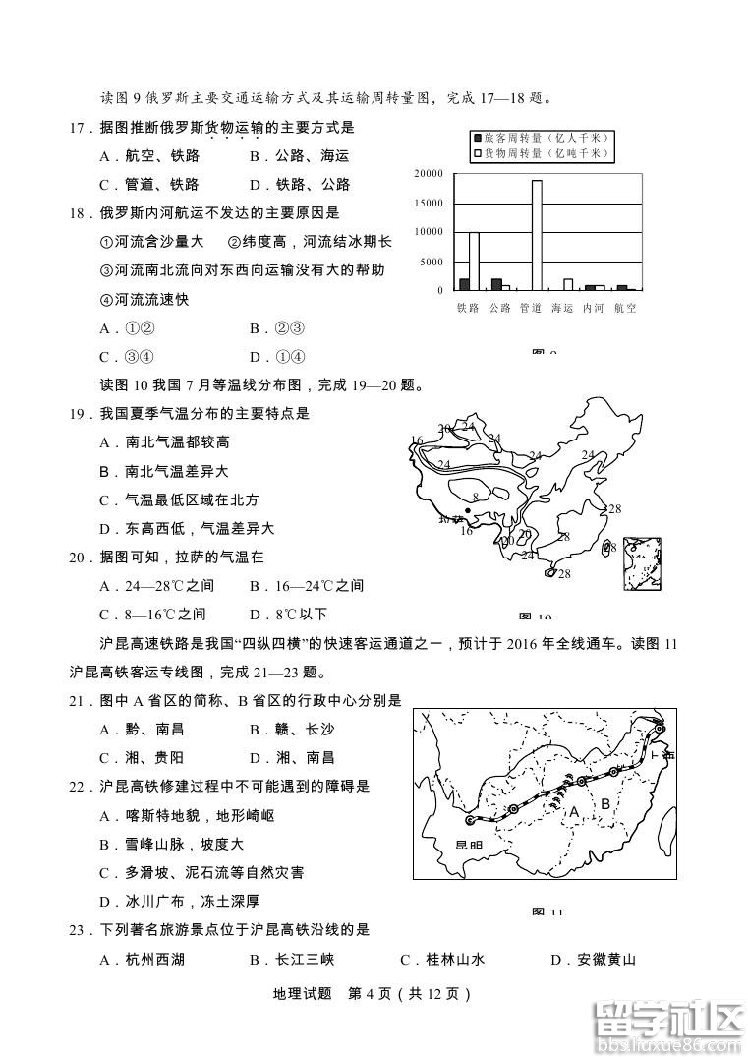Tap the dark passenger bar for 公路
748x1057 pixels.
(x=496, y=284)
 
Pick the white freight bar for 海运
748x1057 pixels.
(x=567, y=284)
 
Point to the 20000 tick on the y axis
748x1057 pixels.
(x=429, y=173)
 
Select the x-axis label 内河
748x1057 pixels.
(x=594, y=308)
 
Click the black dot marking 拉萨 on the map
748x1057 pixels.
(x=467, y=510)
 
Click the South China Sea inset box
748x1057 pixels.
(x=642, y=563)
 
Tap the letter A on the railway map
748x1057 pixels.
(x=575, y=812)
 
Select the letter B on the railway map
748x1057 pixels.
(x=606, y=804)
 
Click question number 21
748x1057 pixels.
(x=80, y=701)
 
